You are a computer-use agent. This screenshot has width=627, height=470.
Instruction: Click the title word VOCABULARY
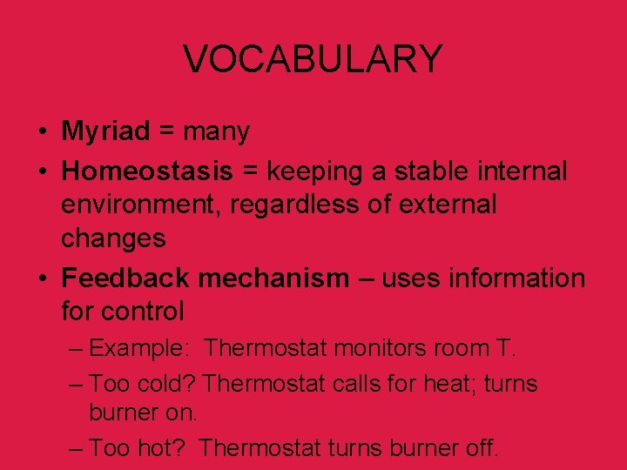[313, 59]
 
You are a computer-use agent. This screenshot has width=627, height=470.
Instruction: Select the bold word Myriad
[105, 131]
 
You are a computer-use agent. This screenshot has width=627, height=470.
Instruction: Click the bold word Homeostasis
[147, 171]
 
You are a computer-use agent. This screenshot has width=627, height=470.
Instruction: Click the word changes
[113, 238]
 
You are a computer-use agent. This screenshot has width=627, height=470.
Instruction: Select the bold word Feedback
[125, 278]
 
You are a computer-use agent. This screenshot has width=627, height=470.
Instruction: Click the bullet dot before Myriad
[42, 133]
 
